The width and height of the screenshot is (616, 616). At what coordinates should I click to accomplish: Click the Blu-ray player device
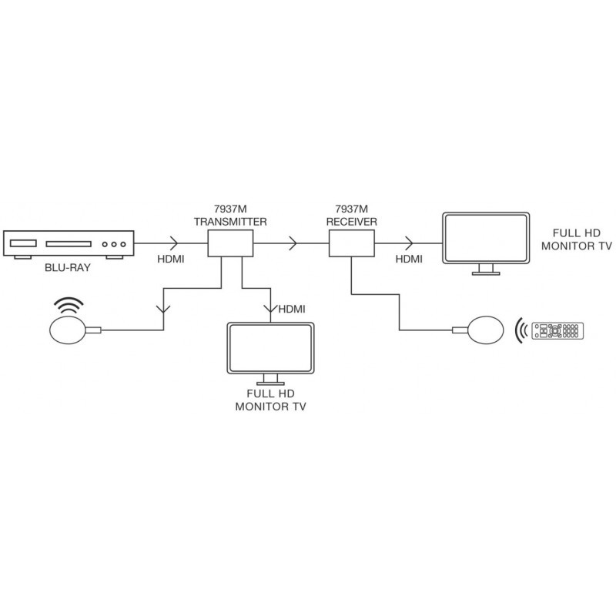point(70,244)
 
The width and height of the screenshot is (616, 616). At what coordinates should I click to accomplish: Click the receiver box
point(352,245)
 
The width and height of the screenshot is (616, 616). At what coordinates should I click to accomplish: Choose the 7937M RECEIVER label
point(351,215)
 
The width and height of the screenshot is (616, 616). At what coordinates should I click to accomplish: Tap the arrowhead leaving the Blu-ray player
point(170,245)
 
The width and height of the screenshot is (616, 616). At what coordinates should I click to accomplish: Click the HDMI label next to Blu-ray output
point(169,259)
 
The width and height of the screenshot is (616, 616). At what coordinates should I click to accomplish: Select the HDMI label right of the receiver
point(409,259)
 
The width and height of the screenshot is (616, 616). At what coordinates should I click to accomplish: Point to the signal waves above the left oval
point(69,306)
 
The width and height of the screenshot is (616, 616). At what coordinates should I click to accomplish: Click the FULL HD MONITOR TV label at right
point(577,239)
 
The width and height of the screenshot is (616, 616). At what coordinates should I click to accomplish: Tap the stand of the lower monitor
point(269,380)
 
